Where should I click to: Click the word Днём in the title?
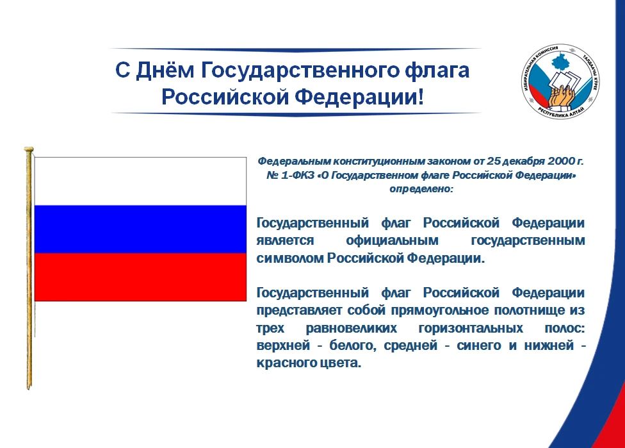click(165, 71)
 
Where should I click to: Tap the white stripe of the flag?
click(140, 181)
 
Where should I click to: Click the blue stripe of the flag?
click(140, 229)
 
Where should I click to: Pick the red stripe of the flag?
click(140, 277)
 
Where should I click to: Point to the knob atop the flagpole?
click(29, 150)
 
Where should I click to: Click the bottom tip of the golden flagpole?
click(29, 388)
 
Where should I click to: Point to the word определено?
click(421, 189)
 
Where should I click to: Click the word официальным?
click(392, 240)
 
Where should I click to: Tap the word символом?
click(290, 258)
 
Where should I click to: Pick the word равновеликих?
click(351, 328)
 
